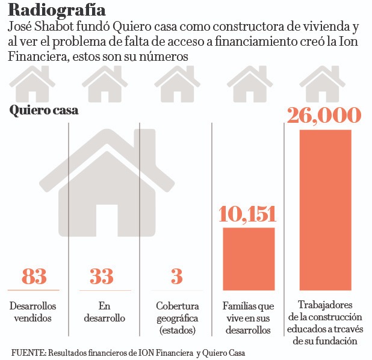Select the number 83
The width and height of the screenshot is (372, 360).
34,276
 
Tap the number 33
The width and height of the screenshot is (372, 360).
101,276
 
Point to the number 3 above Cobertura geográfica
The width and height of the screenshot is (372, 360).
176,276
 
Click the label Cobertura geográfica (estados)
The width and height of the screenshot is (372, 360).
177,318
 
